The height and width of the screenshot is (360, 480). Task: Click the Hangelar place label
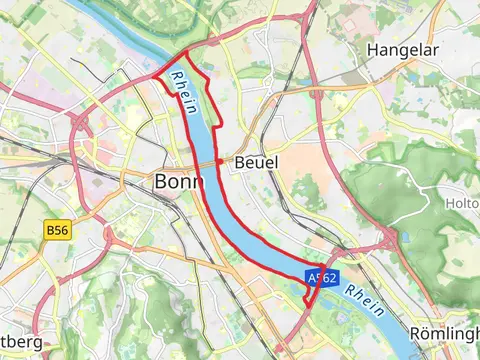click(405, 49)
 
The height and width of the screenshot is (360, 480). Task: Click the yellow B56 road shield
click(58, 230)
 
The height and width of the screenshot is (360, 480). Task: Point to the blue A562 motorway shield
click(323, 278)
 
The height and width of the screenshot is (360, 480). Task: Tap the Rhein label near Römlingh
click(366, 299)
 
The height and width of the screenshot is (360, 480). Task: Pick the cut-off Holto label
click(462, 203)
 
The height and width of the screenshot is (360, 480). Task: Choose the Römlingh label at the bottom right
click(446, 335)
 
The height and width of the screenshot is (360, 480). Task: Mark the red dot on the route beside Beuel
click(220, 161)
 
